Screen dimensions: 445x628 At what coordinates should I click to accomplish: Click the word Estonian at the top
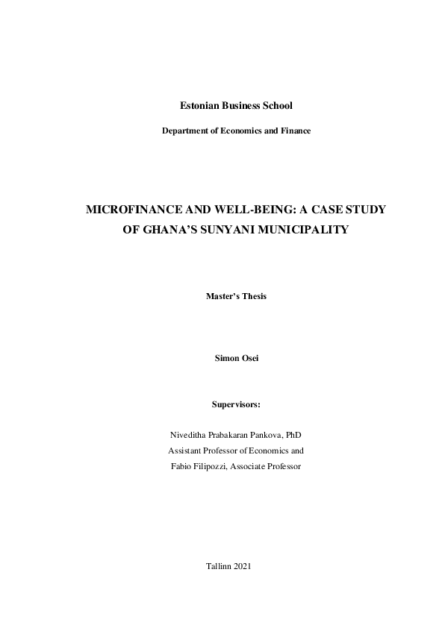pyautogui.click(x=188, y=107)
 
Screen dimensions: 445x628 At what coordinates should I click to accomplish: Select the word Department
pyautogui.click(x=185, y=131)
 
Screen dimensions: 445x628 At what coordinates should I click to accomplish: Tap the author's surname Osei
pyautogui.click(x=247, y=359)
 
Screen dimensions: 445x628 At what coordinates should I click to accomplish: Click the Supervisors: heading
pyautogui.click(x=236, y=405)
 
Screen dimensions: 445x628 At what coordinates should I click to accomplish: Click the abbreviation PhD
pyautogui.click(x=293, y=435)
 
